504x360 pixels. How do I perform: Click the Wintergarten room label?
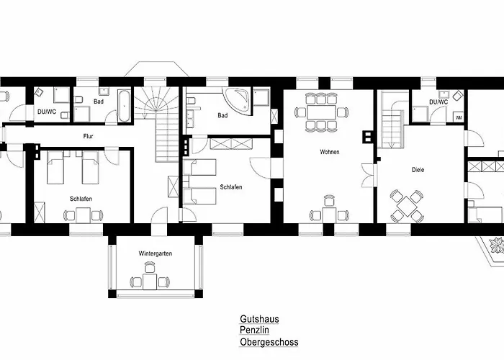coord(156,253)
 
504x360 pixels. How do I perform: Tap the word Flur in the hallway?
coord(88,136)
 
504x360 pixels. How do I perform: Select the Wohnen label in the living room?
coord(330,152)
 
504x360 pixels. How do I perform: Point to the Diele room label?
coord(418,170)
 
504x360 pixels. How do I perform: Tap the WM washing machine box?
coord(459,117)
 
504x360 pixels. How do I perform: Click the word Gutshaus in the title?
coord(259,319)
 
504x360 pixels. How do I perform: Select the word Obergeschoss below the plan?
coord(269,342)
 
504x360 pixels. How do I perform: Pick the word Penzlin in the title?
coord(254,330)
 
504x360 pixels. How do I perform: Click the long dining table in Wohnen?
coord(321,112)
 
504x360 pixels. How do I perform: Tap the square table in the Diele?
coord(407,206)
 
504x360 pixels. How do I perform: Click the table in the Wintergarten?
coord(150,282)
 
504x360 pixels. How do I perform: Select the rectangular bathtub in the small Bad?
coord(125,105)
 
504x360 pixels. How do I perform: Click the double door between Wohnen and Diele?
coord(369,176)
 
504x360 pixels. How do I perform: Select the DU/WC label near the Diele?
coord(438,102)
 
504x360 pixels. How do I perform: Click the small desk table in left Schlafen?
coord(83,215)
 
